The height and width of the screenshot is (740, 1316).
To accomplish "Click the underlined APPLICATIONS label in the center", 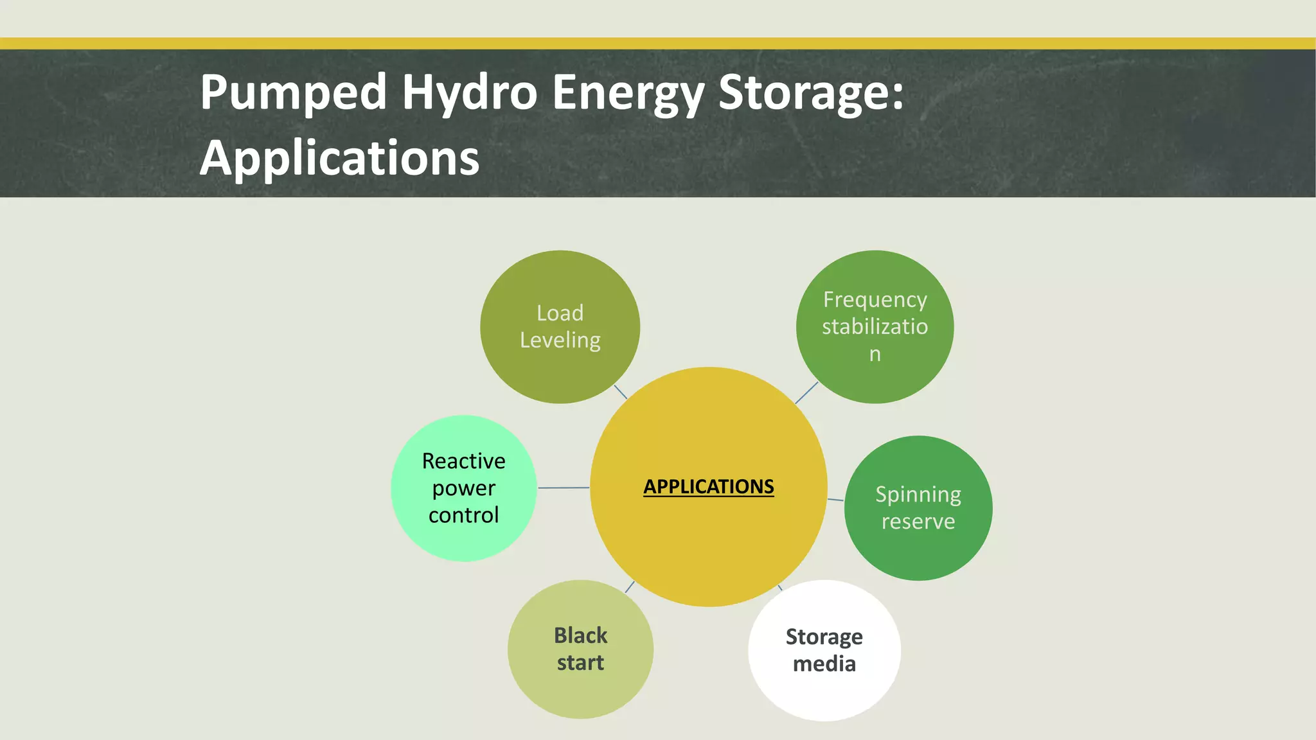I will click(x=709, y=486).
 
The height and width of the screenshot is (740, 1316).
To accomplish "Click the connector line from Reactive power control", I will click(x=563, y=488).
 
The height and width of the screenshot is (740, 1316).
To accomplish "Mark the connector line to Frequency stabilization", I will click(x=806, y=393).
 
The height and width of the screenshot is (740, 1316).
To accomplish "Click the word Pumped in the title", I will click(x=293, y=92).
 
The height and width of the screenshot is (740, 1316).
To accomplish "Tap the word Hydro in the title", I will click(x=469, y=92).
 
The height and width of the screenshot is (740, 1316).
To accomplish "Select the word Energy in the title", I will click(x=628, y=92).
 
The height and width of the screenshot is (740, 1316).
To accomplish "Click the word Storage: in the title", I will click(x=811, y=92).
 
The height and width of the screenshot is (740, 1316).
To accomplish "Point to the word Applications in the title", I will click(x=339, y=158).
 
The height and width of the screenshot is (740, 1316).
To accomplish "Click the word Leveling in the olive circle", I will click(x=560, y=340).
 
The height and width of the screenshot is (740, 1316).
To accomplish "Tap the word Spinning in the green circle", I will click(x=918, y=495).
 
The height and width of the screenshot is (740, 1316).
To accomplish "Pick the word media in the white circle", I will click(x=824, y=664).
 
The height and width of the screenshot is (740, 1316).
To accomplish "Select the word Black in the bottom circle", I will click(x=580, y=635).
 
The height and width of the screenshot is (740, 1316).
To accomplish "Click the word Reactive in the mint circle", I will click(x=463, y=461).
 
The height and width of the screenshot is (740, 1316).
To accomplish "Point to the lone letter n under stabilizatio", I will click(x=875, y=354).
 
